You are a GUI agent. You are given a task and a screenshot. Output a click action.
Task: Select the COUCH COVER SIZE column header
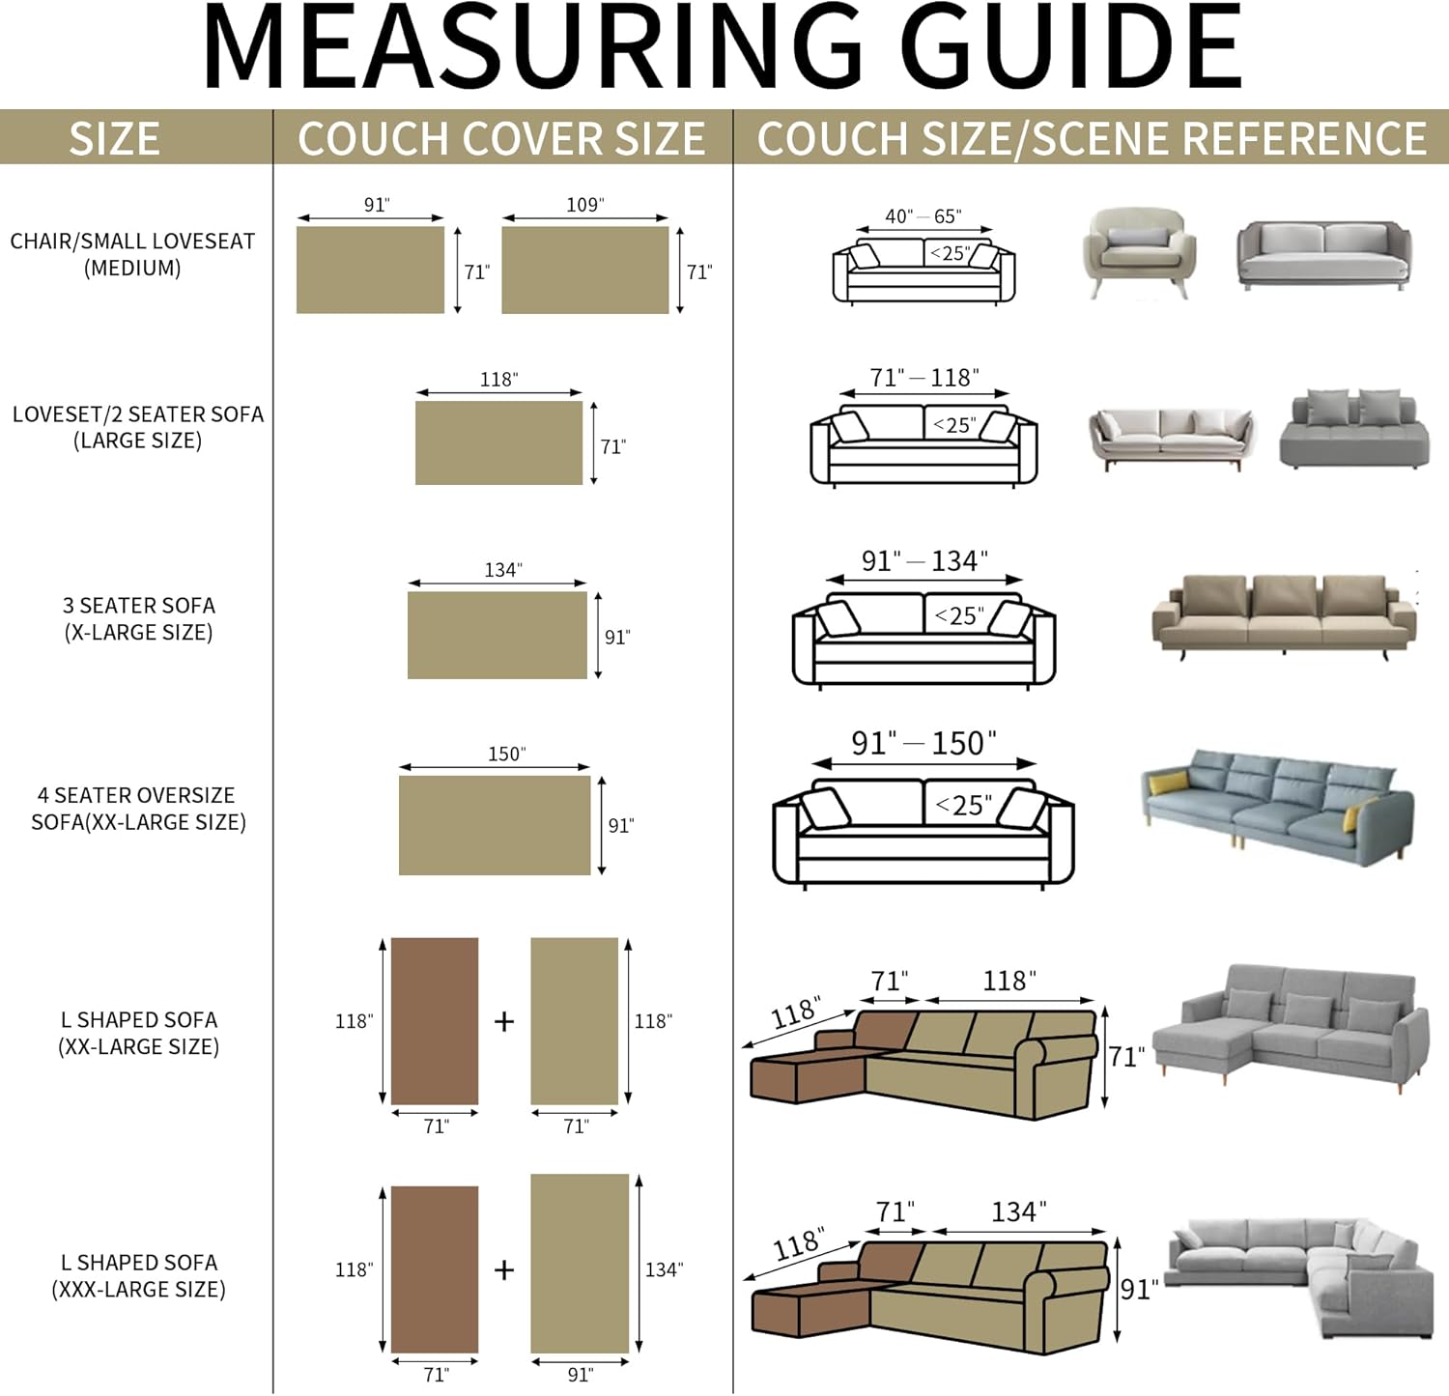tap(501, 138)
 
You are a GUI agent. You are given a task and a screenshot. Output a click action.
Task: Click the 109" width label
tap(584, 205)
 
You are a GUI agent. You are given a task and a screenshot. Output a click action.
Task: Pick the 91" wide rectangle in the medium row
tap(370, 270)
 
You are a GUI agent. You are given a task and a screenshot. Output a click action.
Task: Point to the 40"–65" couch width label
tap(923, 215)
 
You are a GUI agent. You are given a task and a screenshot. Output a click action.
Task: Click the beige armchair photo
tap(1139, 250)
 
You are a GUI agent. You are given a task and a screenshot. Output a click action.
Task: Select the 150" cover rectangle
tap(494, 825)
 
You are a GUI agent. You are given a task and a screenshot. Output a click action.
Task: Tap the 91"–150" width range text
tap(923, 743)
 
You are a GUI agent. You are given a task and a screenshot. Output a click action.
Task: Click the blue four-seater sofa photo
tap(1277, 807)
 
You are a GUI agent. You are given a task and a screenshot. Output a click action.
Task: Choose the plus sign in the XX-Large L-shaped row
tap(504, 1021)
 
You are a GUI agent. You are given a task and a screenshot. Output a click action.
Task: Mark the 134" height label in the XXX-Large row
tap(664, 1269)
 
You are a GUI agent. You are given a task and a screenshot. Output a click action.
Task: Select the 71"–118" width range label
tap(923, 377)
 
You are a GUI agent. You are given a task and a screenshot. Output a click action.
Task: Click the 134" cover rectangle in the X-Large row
tap(497, 635)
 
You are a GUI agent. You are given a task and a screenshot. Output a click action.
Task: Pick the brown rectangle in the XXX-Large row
tap(434, 1269)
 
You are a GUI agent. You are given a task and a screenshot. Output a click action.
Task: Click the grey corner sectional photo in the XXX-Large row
tap(1300, 1275)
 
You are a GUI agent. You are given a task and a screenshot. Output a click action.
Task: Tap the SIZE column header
tap(114, 138)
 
